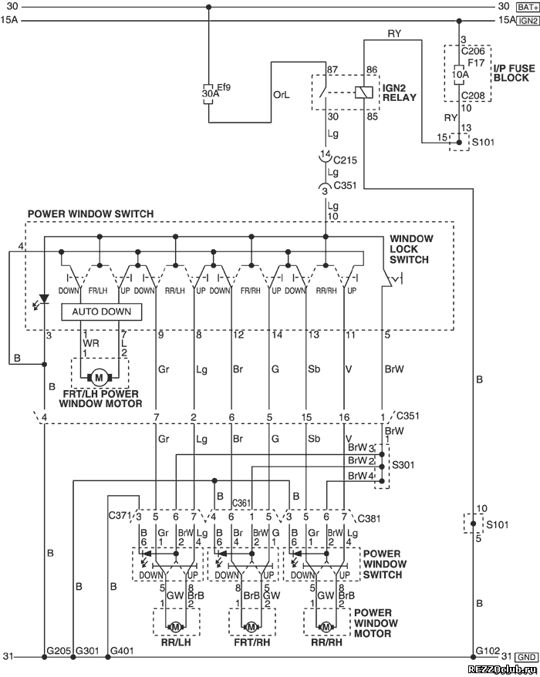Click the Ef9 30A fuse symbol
[208, 93]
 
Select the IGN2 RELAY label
[399, 93]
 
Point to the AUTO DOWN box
[102, 312]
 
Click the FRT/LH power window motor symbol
[100, 378]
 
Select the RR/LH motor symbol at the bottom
[175, 626]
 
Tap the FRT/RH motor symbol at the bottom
[251, 626]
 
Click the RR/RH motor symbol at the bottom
[326, 626]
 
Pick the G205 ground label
[59, 650]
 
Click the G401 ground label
[123, 650]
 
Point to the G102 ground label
[488, 650]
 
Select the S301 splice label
[403, 465]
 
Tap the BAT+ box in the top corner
[528, 7]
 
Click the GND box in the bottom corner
[527, 657]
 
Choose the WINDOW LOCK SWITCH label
[411, 249]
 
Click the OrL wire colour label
[282, 95]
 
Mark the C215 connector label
[345, 160]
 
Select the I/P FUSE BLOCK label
[514, 73]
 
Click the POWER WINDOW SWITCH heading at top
[91, 214]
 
